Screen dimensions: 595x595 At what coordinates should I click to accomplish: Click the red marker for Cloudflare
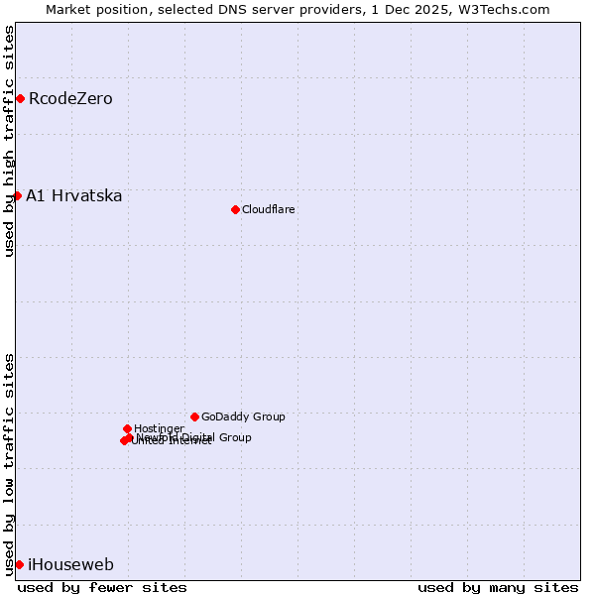pos(235,209)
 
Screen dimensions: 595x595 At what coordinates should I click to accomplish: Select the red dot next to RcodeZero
pos(20,98)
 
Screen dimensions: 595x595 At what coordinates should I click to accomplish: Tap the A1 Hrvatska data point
pos(17,195)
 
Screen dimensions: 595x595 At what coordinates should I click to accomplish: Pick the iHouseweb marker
pos(19,564)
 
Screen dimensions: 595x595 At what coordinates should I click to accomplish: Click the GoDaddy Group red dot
pos(194,416)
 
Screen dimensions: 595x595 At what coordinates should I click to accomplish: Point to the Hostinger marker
pos(127,428)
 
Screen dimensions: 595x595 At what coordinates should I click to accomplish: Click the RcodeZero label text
pos(70,98)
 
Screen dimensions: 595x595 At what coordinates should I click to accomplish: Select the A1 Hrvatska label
pos(74,195)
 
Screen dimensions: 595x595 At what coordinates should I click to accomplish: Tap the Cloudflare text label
pos(269,209)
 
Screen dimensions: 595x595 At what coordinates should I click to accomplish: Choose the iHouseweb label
pos(70,565)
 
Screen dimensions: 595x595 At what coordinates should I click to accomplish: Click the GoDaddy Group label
pos(243,416)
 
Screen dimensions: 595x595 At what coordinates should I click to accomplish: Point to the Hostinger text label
pos(159,428)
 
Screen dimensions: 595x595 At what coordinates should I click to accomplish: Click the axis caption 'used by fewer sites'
pos(102,587)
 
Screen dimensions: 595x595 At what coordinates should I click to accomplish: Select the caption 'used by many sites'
pos(498,587)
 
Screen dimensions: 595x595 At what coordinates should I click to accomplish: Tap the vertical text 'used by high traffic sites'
pos(9,141)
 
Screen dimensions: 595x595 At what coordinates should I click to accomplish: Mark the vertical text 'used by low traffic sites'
pos(9,464)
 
